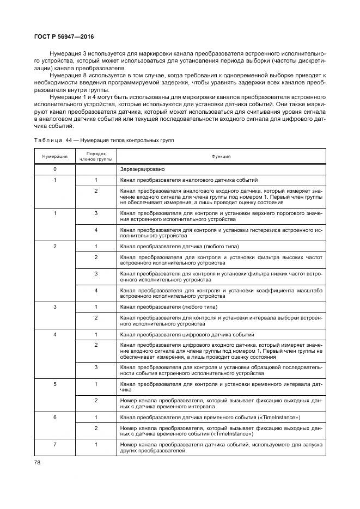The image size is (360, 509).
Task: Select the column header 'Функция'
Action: click(221, 156)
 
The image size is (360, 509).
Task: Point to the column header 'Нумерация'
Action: click(54, 156)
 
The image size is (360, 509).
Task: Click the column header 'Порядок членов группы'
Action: click(96, 156)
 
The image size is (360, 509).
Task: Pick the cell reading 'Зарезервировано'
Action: click(141, 169)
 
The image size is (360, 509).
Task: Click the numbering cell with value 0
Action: click(54, 169)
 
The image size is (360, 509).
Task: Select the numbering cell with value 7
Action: click(54, 445)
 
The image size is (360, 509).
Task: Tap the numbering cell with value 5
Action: click(54, 384)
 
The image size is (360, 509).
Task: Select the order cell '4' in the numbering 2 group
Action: click(96, 290)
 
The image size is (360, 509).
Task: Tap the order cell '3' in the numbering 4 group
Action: click(96, 367)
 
